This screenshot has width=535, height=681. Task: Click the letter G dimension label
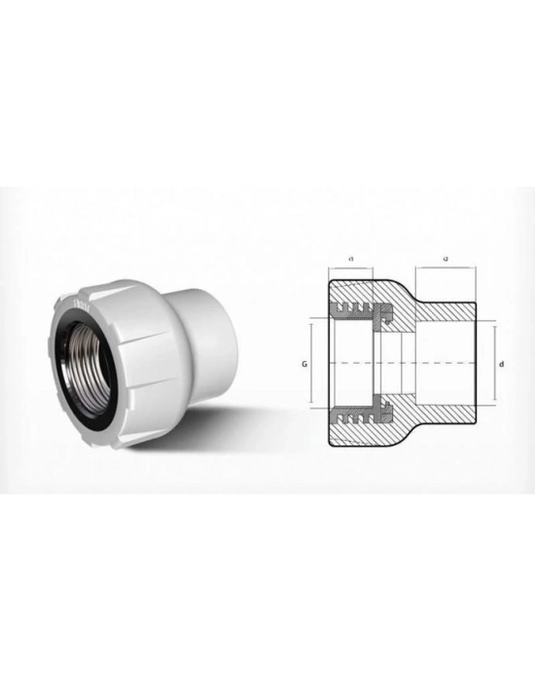click(x=304, y=362)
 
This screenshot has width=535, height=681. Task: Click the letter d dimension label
click(x=500, y=363)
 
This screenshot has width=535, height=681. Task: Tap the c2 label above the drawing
click(x=445, y=258)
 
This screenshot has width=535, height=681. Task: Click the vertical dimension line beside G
click(x=312, y=362)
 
